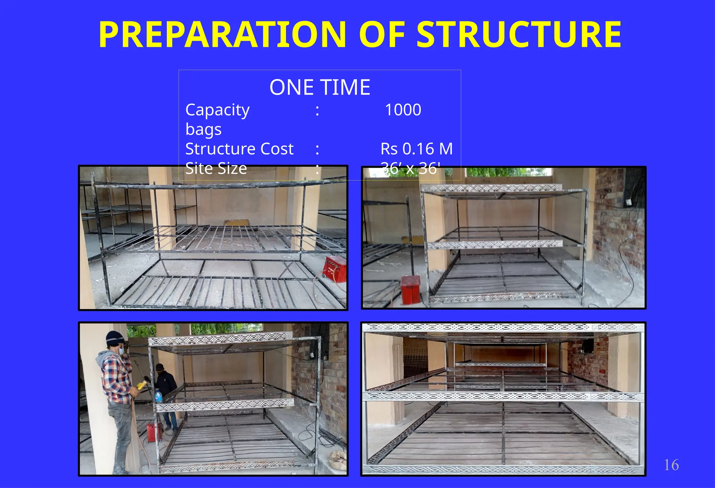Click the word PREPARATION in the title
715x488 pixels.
click(222, 35)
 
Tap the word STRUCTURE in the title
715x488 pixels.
click(519, 35)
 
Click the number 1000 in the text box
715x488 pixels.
click(403, 110)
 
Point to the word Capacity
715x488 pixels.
click(217, 110)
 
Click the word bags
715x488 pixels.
click(204, 130)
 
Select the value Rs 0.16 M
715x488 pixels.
click(417, 149)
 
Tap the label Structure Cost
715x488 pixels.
click(239, 149)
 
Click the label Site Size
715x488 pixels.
click(216, 168)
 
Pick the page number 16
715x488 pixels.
click(671, 465)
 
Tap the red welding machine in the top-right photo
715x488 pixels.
click(411, 289)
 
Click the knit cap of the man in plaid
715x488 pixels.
click(115, 337)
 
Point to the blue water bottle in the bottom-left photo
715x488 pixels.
click(159, 396)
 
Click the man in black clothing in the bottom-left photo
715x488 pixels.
click(165, 391)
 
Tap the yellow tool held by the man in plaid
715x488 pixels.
click(141, 386)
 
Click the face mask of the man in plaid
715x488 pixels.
click(121, 349)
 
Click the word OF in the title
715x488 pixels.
click(382, 35)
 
